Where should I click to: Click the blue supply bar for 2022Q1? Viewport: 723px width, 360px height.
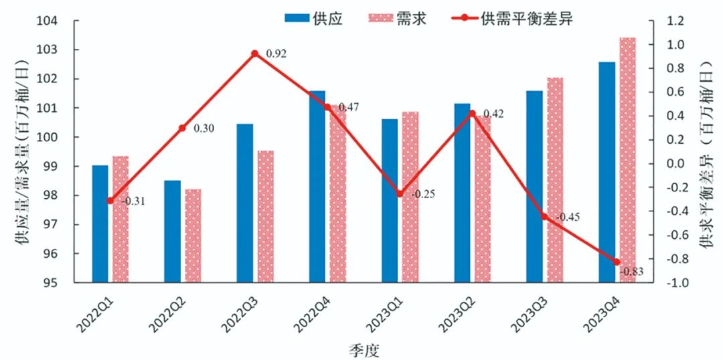pyautogui.click(x=100, y=223)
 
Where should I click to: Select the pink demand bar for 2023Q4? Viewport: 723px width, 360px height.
pyautogui.click(x=627, y=160)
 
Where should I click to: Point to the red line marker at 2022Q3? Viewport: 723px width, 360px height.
pyautogui.click(x=255, y=54)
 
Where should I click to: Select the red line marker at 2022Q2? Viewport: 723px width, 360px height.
pyautogui.click(x=182, y=128)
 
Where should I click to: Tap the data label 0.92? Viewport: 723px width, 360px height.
pyautogui.click(x=276, y=54)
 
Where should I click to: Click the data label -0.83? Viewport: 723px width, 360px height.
pyautogui.click(x=633, y=272)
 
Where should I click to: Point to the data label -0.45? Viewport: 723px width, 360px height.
pyautogui.click(x=568, y=217)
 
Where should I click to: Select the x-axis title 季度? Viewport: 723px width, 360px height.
pyautogui.click(x=364, y=349)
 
